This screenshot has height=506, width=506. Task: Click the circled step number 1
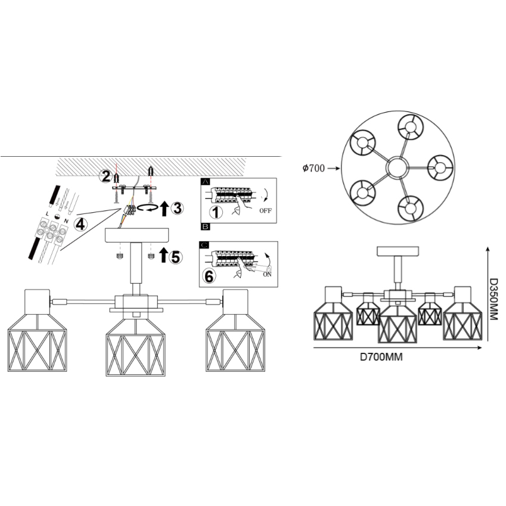click(216, 212)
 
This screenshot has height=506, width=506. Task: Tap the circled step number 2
click(105, 176)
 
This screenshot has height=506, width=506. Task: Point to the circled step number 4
click(80, 224)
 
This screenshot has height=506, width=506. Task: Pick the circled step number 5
click(176, 257)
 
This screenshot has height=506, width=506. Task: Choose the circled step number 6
click(209, 277)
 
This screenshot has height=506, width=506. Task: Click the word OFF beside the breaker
click(266, 211)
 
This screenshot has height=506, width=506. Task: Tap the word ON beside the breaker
click(267, 274)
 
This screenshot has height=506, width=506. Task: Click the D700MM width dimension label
click(381, 357)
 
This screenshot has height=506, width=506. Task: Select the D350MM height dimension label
click(494, 299)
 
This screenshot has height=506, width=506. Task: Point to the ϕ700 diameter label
click(313, 168)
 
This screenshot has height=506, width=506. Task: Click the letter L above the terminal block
click(48, 213)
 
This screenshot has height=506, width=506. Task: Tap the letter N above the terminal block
click(66, 221)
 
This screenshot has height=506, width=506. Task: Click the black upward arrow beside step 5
click(164, 254)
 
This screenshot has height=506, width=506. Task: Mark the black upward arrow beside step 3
click(164, 208)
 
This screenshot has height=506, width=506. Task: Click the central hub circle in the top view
click(398, 167)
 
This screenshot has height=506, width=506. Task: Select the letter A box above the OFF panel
click(205, 182)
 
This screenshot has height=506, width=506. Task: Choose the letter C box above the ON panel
click(204, 245)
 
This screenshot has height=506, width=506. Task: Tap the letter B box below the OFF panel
click(205, 226)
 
